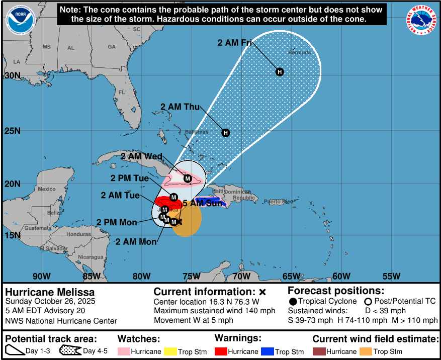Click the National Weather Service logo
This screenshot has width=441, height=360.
[x=421, y=20]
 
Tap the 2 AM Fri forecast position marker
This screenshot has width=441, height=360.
[x=280, y=72]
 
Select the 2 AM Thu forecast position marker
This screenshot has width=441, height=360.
[x=226, y=133]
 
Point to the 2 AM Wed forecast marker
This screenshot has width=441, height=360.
[x=188, y=178]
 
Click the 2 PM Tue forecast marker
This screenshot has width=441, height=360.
[x=173, y=197]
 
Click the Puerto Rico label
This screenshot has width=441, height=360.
[x=281, y=202]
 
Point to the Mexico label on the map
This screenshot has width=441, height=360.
[x=47, y=189]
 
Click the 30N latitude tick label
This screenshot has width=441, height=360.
[x=12, y=76]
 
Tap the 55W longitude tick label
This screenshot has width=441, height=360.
[x=391, y=276]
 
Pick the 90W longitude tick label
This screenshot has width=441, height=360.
[x=41, y=276]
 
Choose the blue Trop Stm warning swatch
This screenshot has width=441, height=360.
[x=268, y=351]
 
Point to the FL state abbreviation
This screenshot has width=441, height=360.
[x=122, y=93]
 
